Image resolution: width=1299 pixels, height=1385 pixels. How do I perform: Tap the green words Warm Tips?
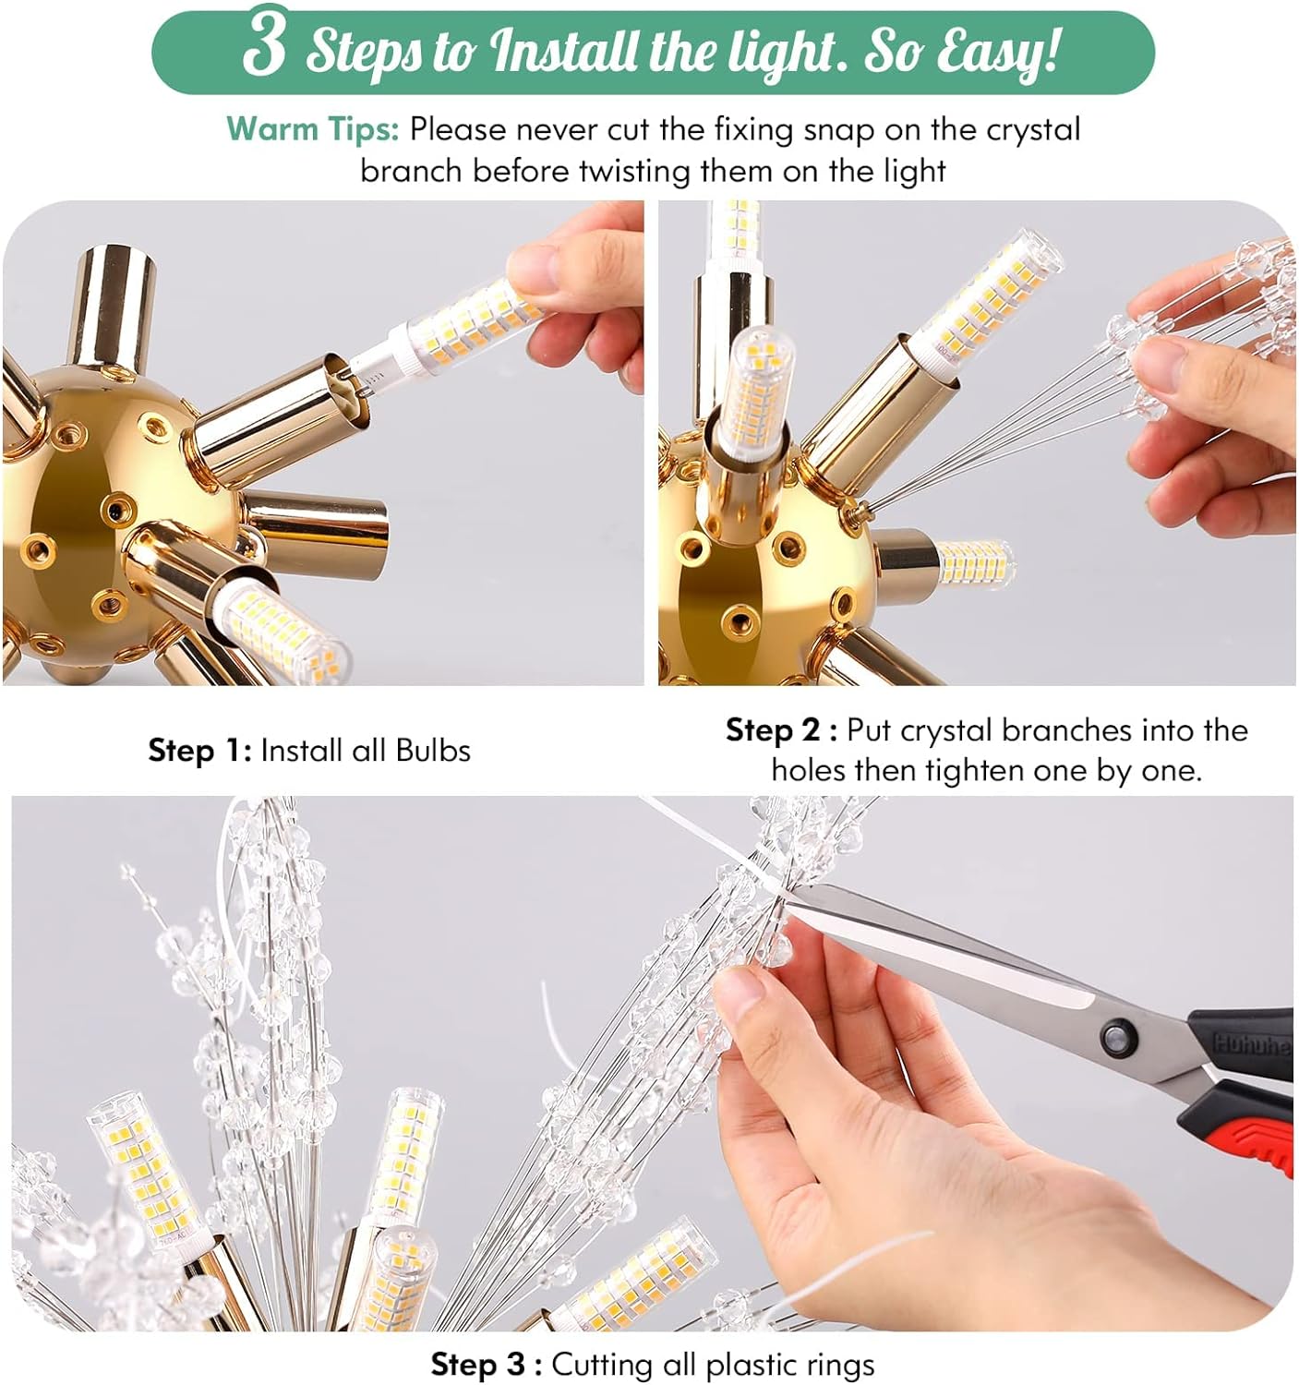click(x=312, y=129)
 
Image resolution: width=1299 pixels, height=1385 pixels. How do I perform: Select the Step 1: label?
click(x=199, y=751)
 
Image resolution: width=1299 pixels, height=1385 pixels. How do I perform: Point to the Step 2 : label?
click(x=781, y=730)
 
